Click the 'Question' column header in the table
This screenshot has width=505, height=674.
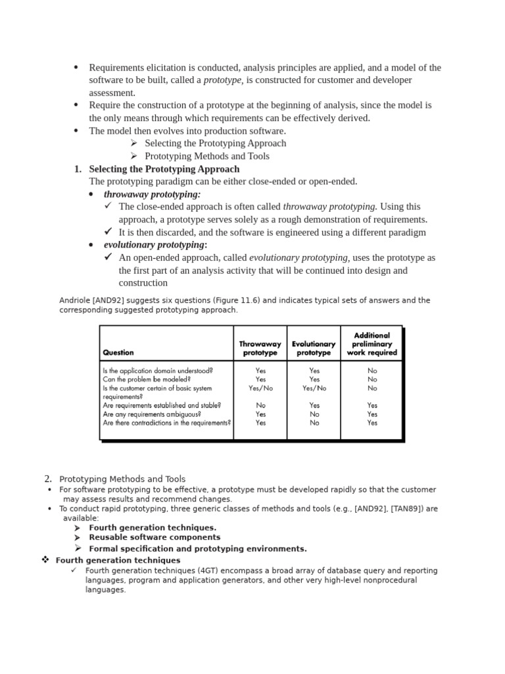(118, 352)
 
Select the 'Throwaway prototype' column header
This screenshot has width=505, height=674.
(260, 348)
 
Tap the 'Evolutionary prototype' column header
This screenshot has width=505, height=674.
(314, 348)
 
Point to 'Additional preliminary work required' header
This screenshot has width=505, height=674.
(372, 344)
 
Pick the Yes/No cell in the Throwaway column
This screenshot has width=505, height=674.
(260, 388)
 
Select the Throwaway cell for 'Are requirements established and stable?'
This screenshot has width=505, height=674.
(260, 405)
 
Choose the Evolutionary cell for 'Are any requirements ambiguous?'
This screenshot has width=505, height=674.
(314, 415)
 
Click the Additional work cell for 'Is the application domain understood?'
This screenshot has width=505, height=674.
(372, 371)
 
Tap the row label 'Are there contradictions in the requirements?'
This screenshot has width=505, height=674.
(167, 423)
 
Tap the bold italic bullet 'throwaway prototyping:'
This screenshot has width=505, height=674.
(152, 194)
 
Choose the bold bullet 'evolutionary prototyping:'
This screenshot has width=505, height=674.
(155, 245)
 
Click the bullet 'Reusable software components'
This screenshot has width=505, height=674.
(145, 537)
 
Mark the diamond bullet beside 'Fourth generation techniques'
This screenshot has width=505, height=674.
(45, 559)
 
